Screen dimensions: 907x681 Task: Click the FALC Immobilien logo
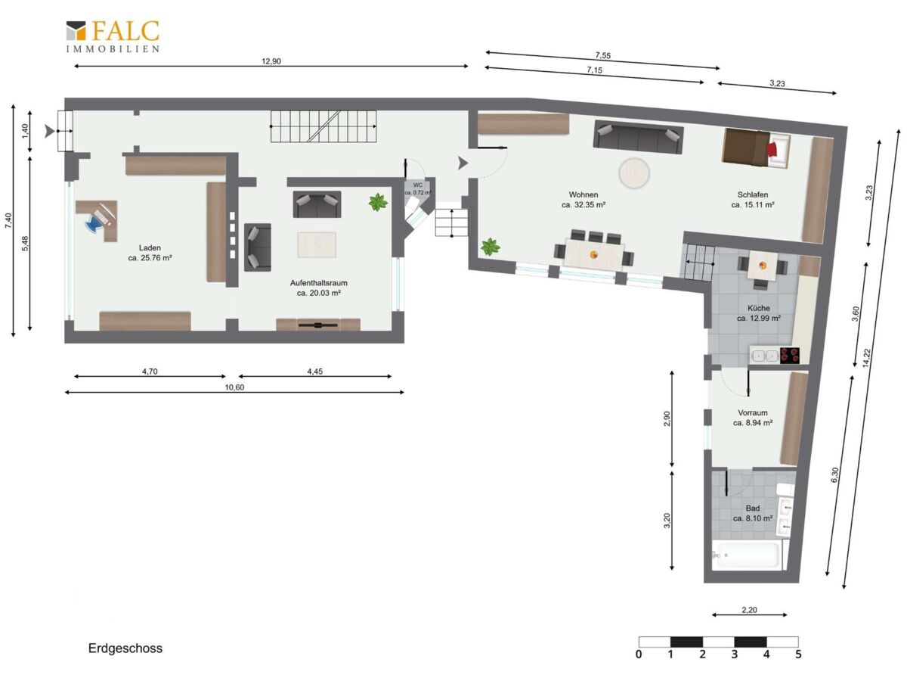113,37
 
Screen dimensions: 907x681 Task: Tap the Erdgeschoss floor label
125,648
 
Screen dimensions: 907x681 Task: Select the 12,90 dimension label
271,61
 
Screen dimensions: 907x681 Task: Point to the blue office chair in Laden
96,223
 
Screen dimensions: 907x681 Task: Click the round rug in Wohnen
634,173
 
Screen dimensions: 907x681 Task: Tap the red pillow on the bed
772,149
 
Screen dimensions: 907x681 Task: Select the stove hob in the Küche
789,355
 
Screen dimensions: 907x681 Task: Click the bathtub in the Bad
746,555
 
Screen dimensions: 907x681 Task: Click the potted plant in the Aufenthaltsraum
378,202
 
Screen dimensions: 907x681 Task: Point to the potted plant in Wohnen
491,247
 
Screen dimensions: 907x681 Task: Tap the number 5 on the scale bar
798,655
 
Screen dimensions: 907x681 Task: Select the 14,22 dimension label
866,358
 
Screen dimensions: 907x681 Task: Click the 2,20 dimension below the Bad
749,609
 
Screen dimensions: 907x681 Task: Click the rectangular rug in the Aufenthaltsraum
317,244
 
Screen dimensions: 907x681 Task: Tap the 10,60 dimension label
234,387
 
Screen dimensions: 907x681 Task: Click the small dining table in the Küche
763,266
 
